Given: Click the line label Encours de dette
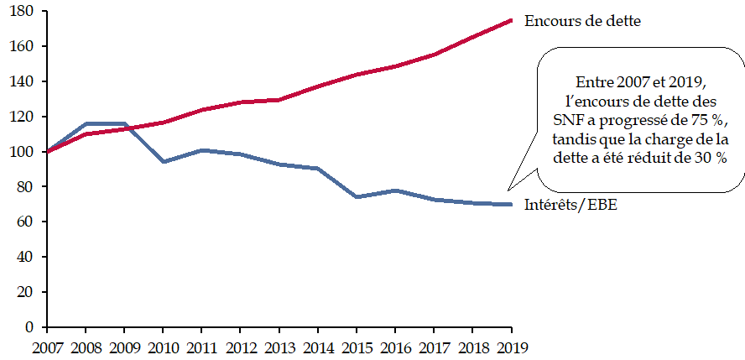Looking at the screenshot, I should tap(582, 21).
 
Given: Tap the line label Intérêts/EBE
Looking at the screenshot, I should tap(570, 206).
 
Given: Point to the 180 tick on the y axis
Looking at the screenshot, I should tap(22, 11).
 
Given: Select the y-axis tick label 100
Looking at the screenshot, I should tap(22, 152).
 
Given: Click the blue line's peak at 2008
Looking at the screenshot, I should tap(86, 123).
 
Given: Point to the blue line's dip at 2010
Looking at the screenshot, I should tap(163, 161).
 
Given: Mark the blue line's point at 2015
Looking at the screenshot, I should tap(357, 196).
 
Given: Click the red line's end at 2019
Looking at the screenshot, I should tap(512, 20).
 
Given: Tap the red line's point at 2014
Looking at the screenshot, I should tap(318, 86).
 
